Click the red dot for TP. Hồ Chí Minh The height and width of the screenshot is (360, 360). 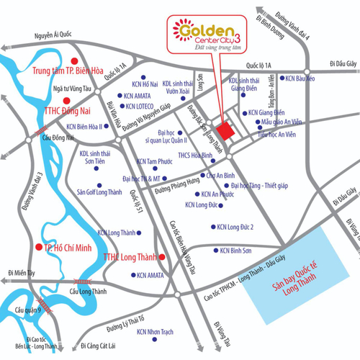point(36,247)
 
